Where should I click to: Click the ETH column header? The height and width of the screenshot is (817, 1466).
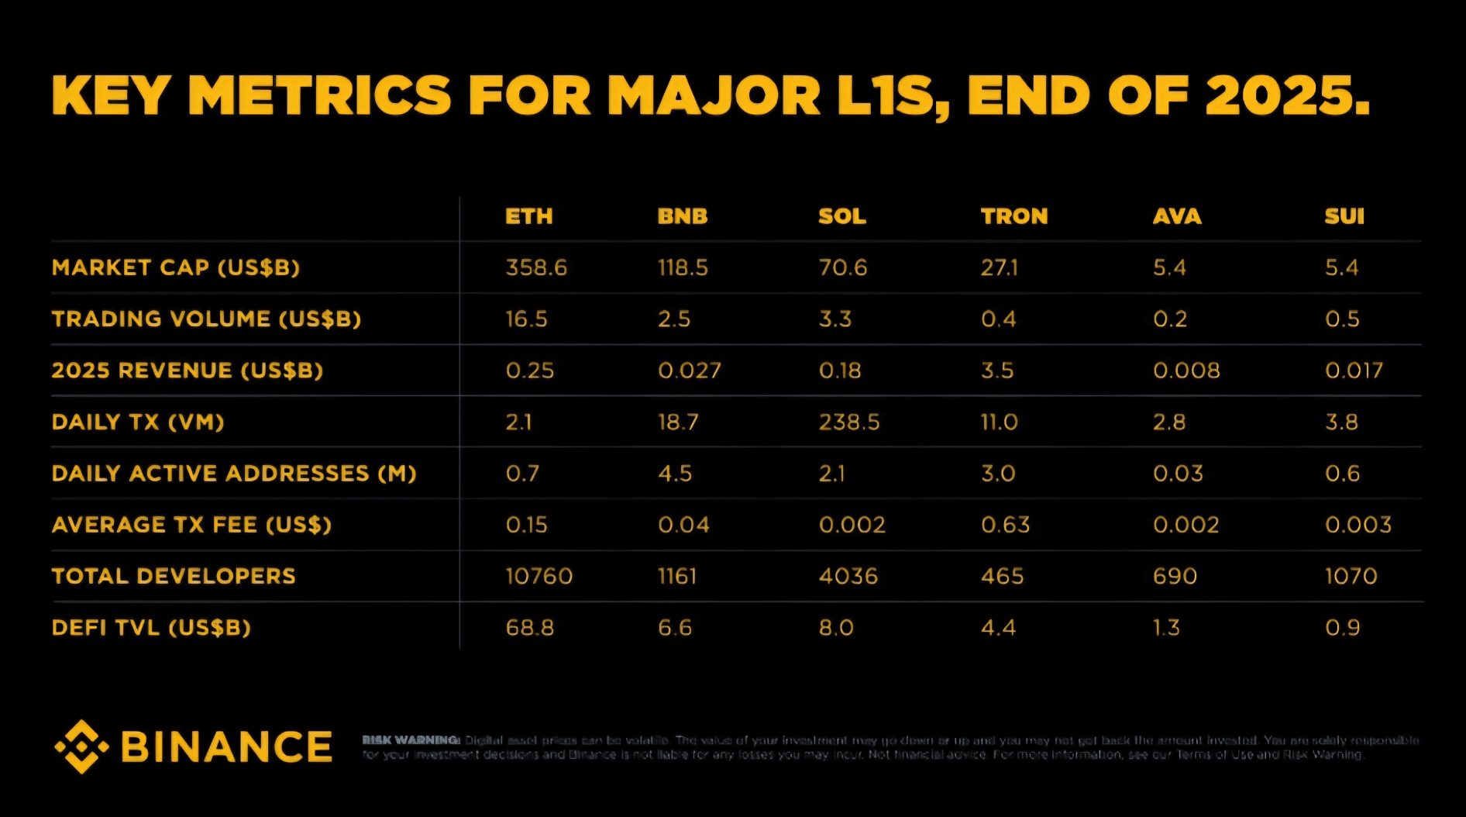point(528,216)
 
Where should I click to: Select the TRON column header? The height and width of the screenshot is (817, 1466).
point(1013,216)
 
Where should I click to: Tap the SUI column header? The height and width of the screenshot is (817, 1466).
point(1344,216)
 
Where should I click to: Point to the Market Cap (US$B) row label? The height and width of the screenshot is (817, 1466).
point(176,267)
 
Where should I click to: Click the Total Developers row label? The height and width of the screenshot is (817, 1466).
point(174,576)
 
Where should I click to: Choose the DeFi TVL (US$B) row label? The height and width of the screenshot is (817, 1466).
point(151,627)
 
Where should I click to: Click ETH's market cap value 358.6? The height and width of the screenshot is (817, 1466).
point(536,267)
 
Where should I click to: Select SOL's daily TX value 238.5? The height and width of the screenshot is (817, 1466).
point(849,422)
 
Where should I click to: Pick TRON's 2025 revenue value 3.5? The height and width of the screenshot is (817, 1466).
point(997,371)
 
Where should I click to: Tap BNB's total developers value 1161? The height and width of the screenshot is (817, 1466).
point(677,576)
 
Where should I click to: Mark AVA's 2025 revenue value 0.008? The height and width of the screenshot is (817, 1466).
point(1186,371)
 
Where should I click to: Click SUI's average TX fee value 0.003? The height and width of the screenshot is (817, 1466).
point(1358,525)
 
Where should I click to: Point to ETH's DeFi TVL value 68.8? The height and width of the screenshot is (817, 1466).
point(530,627)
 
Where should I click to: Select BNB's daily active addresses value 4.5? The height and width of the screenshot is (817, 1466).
point(675,474)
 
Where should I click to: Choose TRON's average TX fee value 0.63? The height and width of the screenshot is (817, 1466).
point(1005,525)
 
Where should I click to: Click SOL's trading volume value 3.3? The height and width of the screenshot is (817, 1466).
point(835,319)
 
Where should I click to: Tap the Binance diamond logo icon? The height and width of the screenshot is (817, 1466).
point(81,746)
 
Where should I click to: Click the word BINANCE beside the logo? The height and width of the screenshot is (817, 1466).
point(226,747)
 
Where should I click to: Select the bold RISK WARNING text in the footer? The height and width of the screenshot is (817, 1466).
point(411,740)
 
